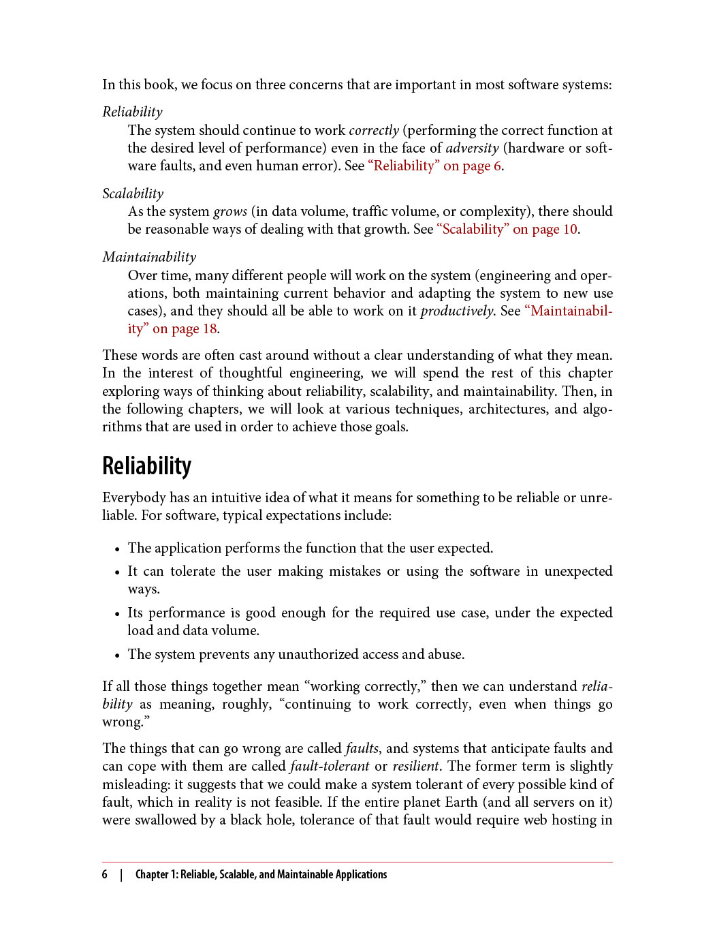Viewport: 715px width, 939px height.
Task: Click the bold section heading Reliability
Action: click(x=146, y=466)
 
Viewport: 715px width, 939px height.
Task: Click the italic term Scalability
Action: click(x=133, y=194)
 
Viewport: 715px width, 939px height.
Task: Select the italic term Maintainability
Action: click(x=149, y=257)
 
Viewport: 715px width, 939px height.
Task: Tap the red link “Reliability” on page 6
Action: click(x=434, y=166)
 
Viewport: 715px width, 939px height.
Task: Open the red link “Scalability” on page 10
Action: click(x=507, y=229)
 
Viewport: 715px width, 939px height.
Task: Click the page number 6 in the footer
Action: click(x=105, y=874)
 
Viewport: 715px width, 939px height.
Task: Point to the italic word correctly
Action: click(x=373, y=130)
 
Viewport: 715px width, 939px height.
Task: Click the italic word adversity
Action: click(x=472, y=148)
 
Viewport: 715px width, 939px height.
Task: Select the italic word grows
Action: click(x=230, y=211)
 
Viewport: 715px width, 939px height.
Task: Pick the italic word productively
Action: click(x=457, y=311)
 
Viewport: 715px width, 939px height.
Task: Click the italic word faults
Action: click(x=362, y=748)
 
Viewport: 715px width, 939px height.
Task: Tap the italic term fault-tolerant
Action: click(x=330, y=766)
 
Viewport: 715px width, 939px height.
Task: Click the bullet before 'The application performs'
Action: click(x=117, y=549)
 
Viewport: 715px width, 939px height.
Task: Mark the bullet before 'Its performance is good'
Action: click(x=117, y=613)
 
